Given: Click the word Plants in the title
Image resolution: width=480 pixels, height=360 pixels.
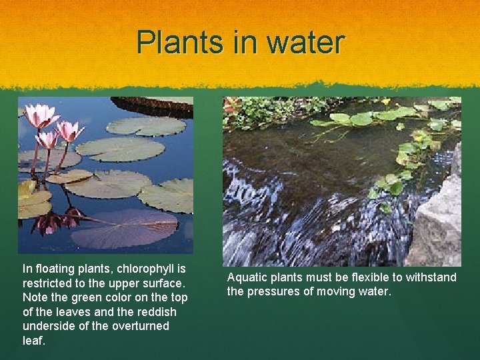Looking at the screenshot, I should click(x=175, y=43).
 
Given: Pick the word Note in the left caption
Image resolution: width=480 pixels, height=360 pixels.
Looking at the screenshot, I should click(x=35, y=297).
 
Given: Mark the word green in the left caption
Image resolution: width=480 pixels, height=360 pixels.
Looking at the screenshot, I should click(x=83, y=297).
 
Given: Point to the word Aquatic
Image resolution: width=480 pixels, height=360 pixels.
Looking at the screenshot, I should click(x=247, y=277).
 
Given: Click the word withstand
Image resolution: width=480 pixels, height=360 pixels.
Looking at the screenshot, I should click(x=430, y=277).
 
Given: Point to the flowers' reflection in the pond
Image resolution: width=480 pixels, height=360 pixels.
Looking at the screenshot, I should click(x=56, y=221).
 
